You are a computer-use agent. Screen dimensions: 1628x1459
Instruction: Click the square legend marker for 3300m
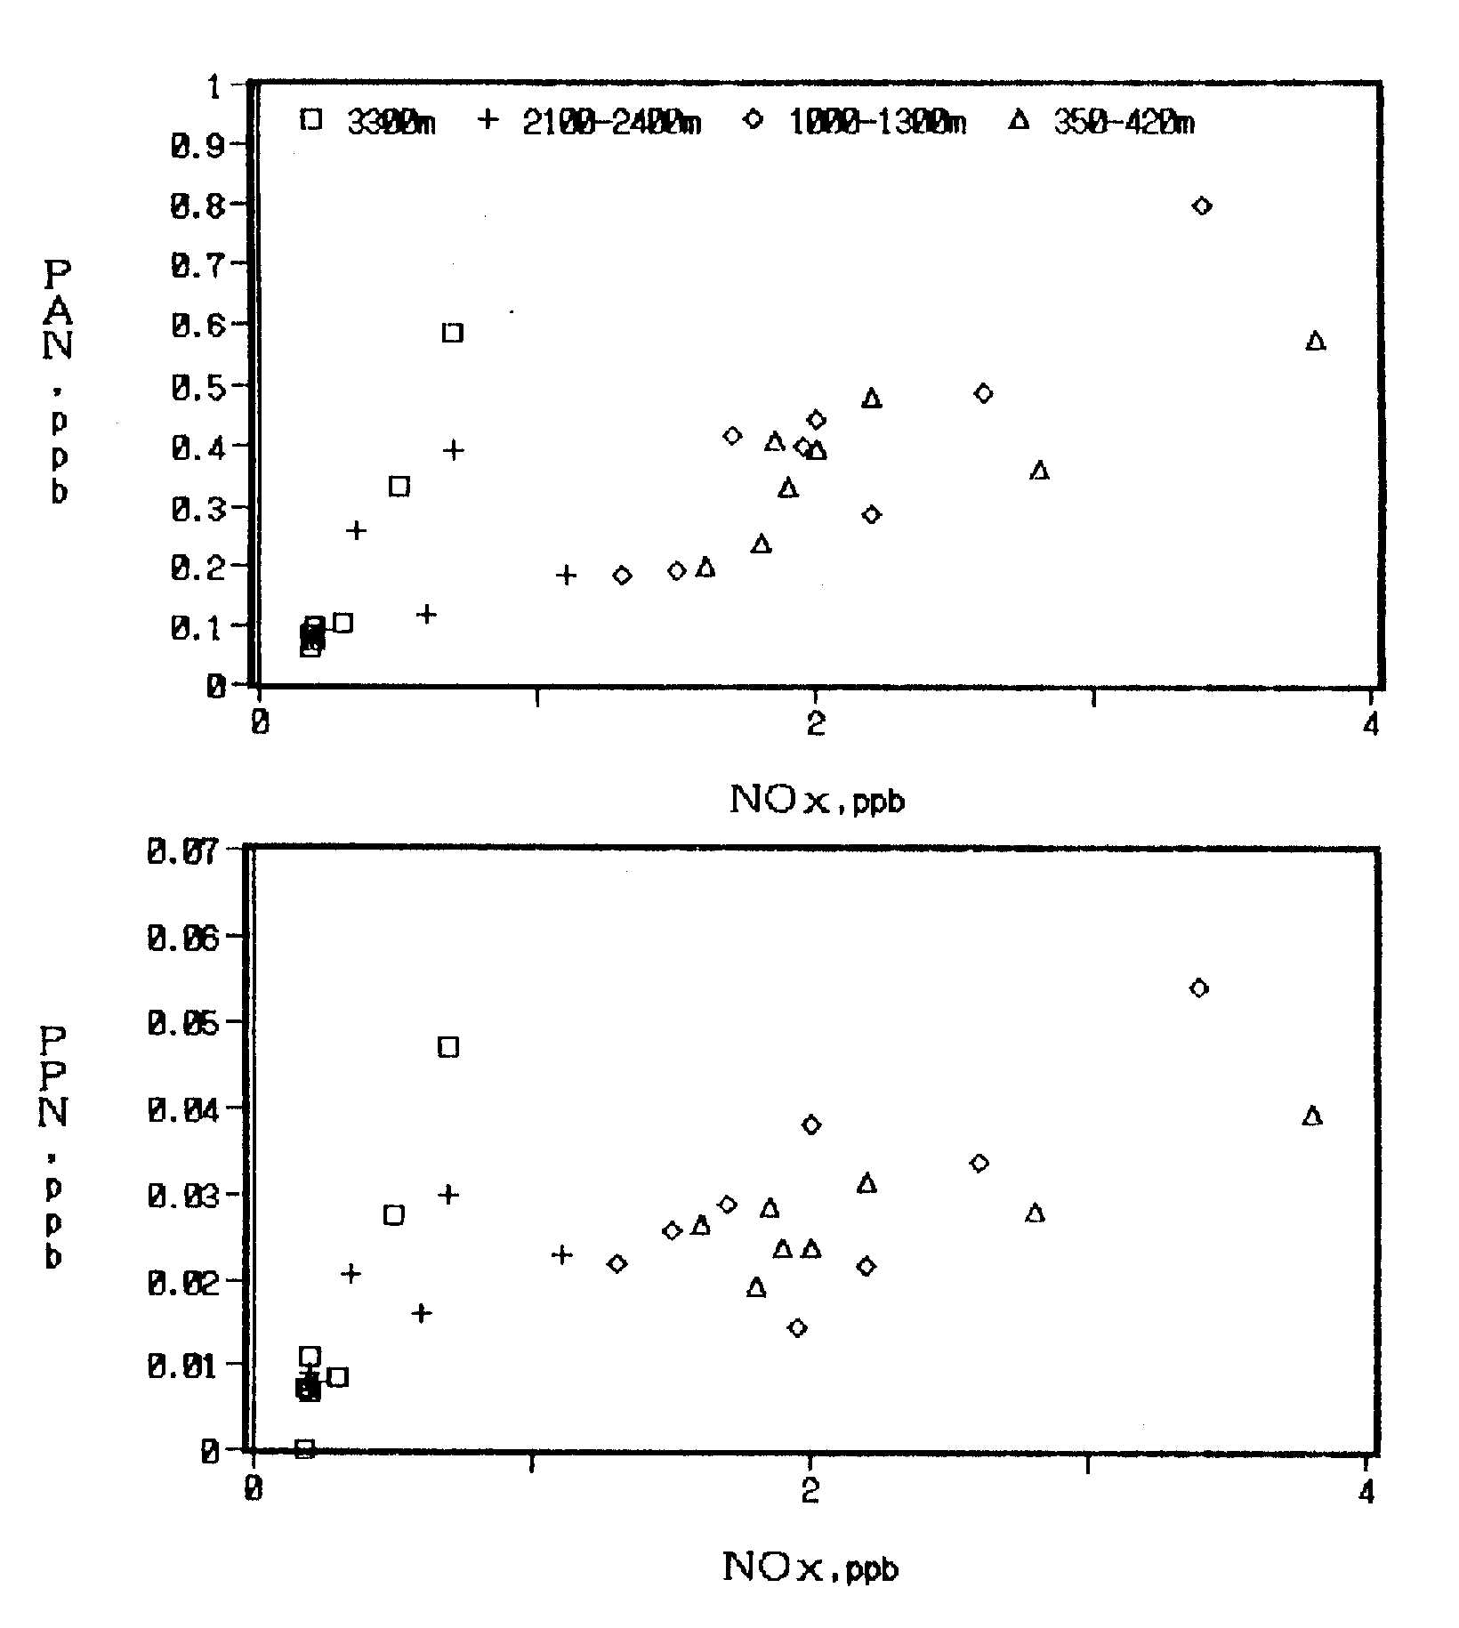[x=310, y=119]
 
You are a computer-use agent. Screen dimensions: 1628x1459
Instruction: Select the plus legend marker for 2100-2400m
[x=487, y=118]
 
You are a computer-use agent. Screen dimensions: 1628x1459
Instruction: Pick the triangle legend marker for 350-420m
[x=1019, y=119]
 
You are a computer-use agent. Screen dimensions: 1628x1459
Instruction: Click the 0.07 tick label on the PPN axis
[x=183, y=851]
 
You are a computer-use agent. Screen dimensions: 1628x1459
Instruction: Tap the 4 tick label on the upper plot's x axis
[x=1371, y=725]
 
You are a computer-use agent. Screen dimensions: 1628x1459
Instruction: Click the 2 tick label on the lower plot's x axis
[x=810, y=1491]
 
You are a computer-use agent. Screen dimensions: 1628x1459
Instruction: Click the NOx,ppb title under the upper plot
[x=817, y=801]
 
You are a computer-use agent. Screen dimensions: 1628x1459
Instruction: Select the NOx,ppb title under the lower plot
[x=810, y=1568]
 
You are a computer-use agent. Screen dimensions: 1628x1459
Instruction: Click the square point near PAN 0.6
[x=453, y=333]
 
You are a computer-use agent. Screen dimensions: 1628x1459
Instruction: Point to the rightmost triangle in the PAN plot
[x=1316, y=341]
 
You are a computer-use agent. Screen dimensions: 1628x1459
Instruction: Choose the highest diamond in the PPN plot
[x=1199, y=987]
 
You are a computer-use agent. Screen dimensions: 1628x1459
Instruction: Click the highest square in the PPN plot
[x=448, y=1047]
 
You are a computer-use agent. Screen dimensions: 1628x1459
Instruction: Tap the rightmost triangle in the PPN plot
[x=1312, y=1116]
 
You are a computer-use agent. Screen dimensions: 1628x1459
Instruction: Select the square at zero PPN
[x=304, y=1448]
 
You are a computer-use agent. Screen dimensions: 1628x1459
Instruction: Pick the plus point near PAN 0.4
[x=454, y=450]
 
